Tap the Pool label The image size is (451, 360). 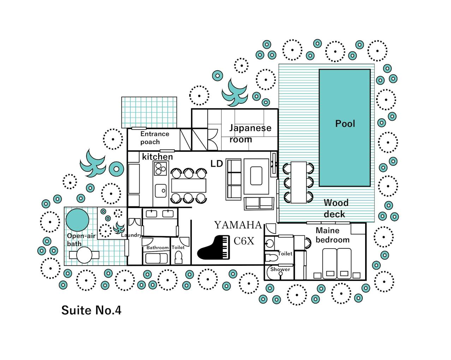pyautogui.click(x=345, y=124)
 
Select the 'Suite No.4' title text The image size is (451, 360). pyautogui.click(x=91, y=310)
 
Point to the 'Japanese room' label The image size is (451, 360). pyautogui.click(x=250, y=133)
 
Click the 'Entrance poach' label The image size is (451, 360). pyautogui.click(x=155, y=138)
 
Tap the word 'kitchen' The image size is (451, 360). pyautogui.click(x=158, y=157)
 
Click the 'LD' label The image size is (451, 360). pyautogui.click(x=216, y=164)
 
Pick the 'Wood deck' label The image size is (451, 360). pyautogui.click(x=336, y=208)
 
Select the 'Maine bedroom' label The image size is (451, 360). pyautogui.click(x=332, y=235)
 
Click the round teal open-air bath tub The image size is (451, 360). pyautogui.click(x=77, y=220)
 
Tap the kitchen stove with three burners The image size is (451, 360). pyautogui.click(x=160, y=169)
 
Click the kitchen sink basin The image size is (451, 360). pyautogui.click(x=161, y=191)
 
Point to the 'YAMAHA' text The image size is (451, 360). pyautogui.click(x=238, y=225)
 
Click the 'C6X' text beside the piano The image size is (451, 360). pyautogui.click(x=244, y=241)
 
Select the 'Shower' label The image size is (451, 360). pyautogui.click(x=280, y=269)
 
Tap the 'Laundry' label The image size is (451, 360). pyautogui.click(x=131, y=235)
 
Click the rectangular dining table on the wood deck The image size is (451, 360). pyautogui.click(x=299, y=182)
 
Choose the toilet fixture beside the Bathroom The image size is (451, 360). pyautogui.click(x=179, y=257)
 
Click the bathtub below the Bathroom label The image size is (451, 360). pyautogui.click(x=156, y=258)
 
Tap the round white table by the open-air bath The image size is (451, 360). pyautogui.click(x=84, y=255)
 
